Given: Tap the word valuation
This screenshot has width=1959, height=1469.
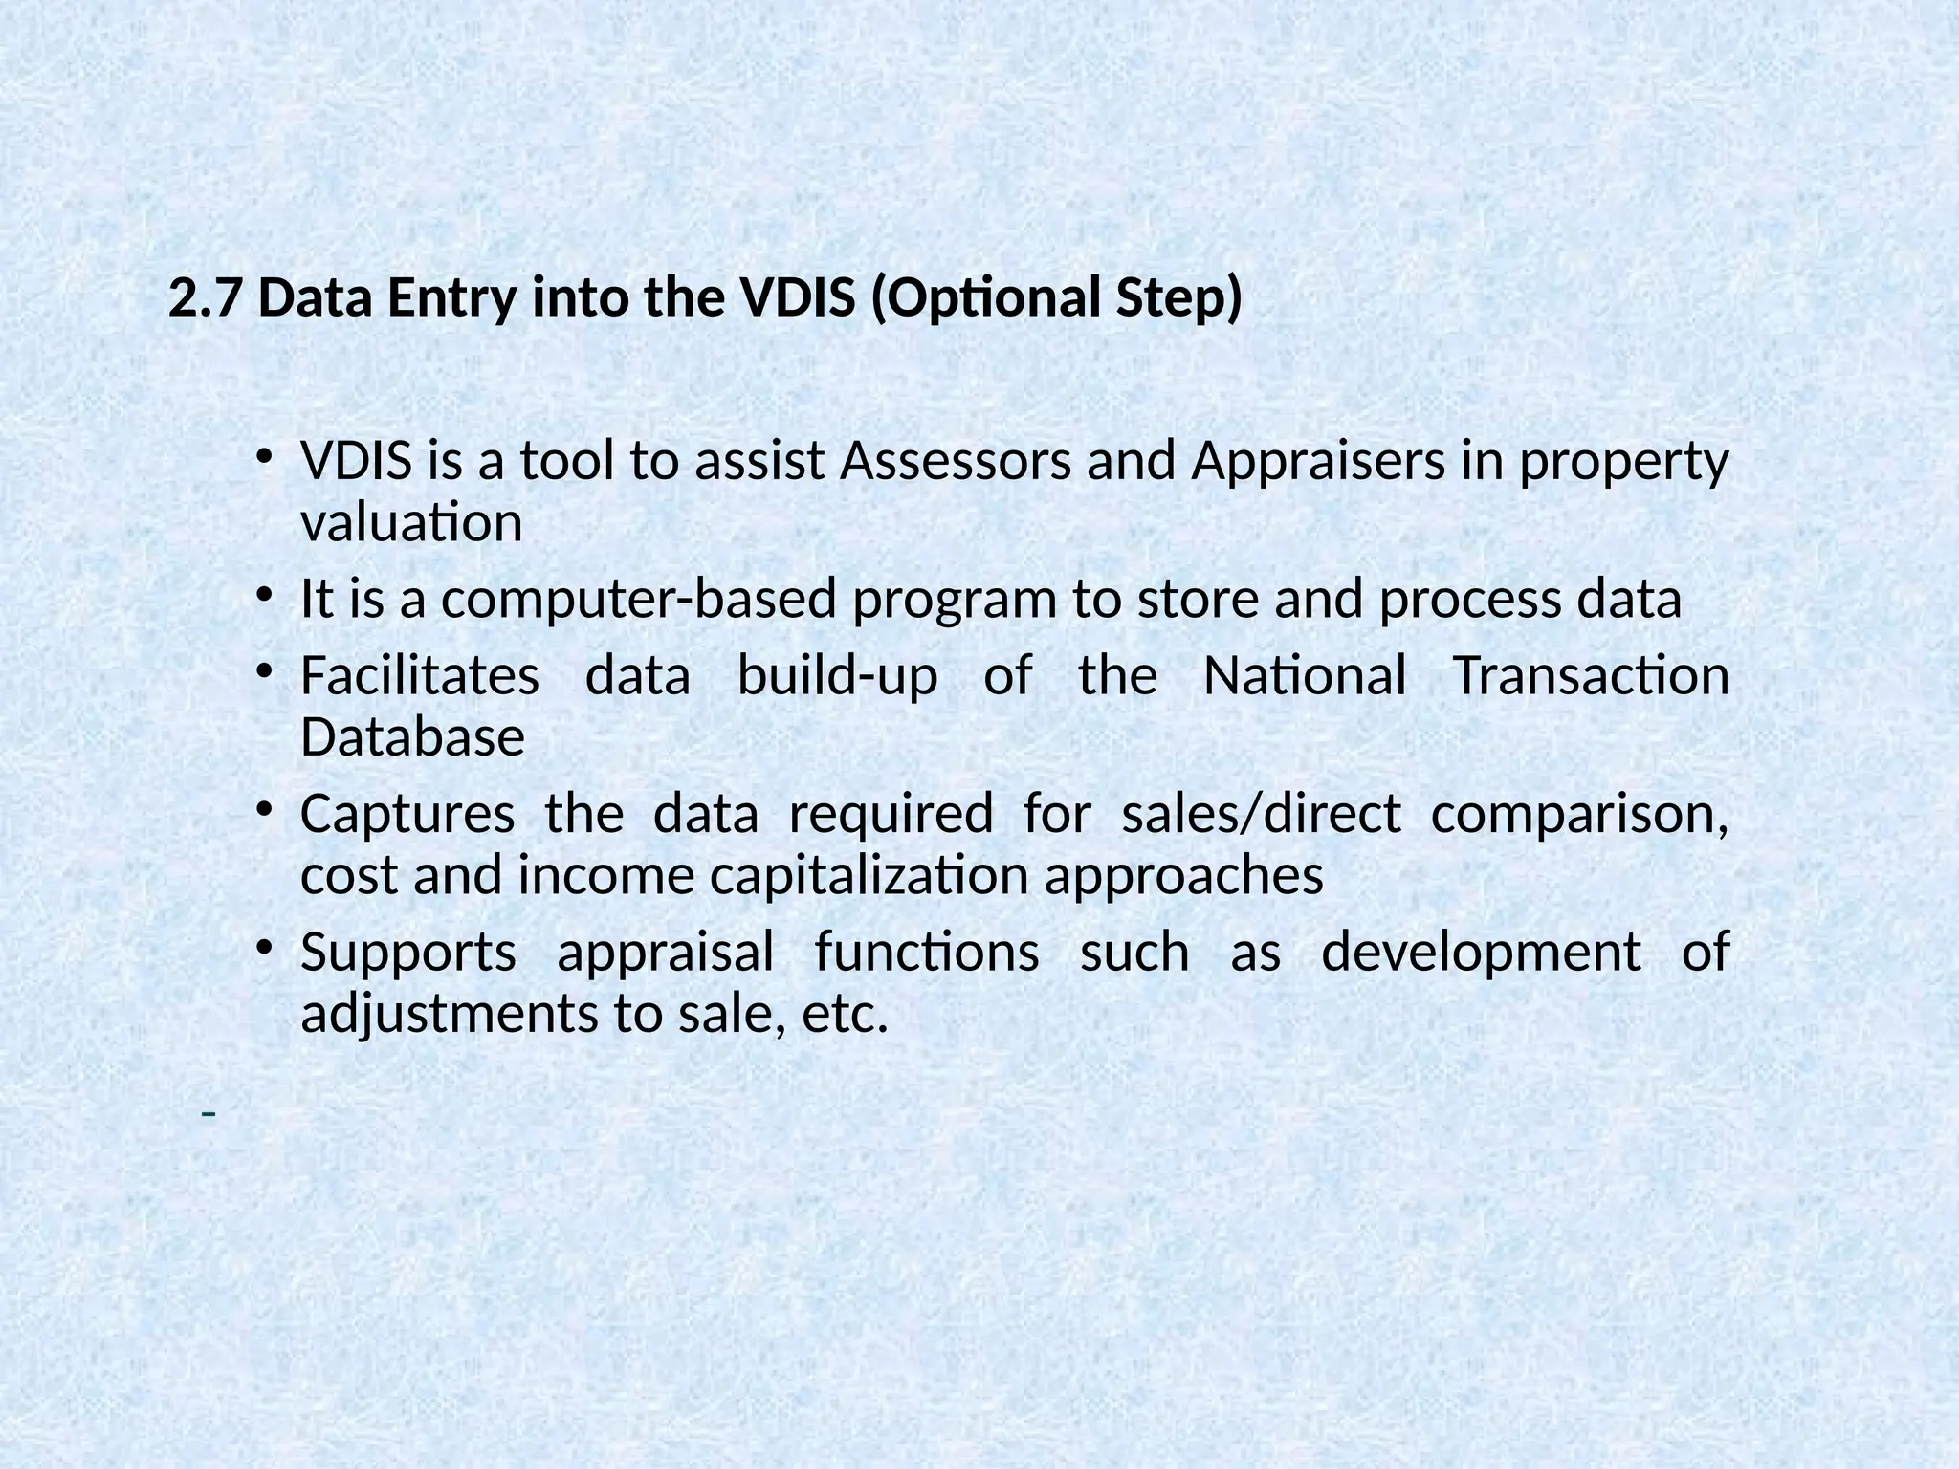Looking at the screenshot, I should (411, 523).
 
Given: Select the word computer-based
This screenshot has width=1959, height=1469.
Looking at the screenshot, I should (639, 600).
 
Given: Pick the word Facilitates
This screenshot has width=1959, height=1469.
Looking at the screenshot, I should (420, 675).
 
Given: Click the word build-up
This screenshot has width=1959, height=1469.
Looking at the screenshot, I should (838, 677).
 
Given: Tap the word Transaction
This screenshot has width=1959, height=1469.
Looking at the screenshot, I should (1591, 675).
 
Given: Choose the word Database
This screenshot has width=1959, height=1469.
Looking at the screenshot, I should (412, 737).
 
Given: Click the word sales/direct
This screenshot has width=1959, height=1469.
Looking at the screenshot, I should (1261, 815).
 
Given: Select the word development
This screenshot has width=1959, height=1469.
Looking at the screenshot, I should (1481, 954).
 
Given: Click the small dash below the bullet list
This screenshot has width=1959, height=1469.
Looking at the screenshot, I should (209, 1114).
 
